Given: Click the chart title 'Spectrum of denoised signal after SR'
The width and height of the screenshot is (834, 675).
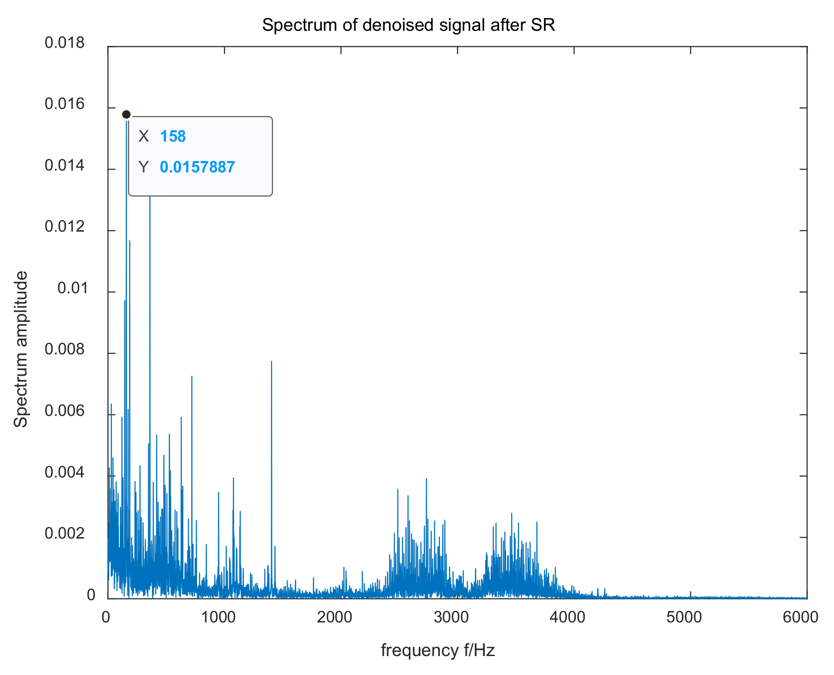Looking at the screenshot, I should [x=408, y=25].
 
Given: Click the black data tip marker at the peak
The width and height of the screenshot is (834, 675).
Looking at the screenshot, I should [x=126, y=114].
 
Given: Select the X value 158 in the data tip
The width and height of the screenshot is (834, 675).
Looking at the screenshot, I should [x=172, y=136].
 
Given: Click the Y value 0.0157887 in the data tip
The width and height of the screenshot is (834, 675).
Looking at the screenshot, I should [x=197, y=167].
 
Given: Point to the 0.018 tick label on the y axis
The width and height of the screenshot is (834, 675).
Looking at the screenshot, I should [x=64, y=43].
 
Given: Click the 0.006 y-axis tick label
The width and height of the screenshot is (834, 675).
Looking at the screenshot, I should [x=64, y=411].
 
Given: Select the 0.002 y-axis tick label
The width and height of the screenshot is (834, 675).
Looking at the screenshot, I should [x=64, y=534].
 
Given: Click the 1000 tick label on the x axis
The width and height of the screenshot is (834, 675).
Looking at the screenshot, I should [x=219, y=617].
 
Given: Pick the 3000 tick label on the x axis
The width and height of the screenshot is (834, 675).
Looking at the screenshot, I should [x=453, y=617].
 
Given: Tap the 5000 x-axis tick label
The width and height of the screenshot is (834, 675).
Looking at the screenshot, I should [x=686, y=617].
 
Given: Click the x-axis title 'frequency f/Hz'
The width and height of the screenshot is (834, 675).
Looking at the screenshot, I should [x=438, y=650].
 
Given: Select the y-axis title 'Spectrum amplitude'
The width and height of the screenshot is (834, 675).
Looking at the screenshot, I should [x=21, y=349].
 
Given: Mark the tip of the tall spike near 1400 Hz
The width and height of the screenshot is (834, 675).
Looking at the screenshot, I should [x=272, y=361].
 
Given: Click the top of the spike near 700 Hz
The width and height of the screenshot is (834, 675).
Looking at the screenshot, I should [x=192, y=376].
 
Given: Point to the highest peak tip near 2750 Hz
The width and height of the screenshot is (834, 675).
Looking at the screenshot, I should [x=426, y=479].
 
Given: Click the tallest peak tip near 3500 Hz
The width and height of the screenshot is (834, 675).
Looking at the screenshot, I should [x=511, y=513].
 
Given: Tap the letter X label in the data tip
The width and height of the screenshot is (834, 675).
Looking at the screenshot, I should [x=144, y=136].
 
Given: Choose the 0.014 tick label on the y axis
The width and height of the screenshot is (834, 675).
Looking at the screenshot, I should [x=64, y=166].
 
